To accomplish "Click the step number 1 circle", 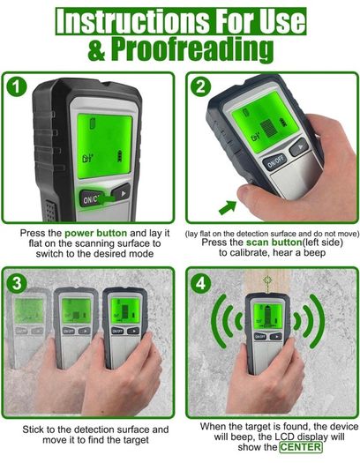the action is (x=17, y=87).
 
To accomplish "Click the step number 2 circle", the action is (x=200, y=86).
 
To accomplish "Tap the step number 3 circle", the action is (x=17, y=284).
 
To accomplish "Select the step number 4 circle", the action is (x=201, y=284).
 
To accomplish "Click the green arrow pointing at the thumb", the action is (x=228, y=207).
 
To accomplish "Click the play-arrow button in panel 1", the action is (x=121, y=193).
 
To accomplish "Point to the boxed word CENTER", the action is (x=301, y=447).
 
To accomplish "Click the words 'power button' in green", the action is (x=95, y=233).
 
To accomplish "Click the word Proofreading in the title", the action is (x=192, y=50).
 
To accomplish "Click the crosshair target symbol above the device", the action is (x=267, y=280).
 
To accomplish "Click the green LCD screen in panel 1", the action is (x=104, y=146).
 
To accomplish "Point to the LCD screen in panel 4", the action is (x=268, y=317).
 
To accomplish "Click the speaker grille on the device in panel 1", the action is (x=50, y=211).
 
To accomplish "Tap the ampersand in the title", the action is (x=96, y=51).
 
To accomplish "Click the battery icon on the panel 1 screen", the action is (x=120, y=156).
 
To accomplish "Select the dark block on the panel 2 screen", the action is (x=269, y=128).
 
